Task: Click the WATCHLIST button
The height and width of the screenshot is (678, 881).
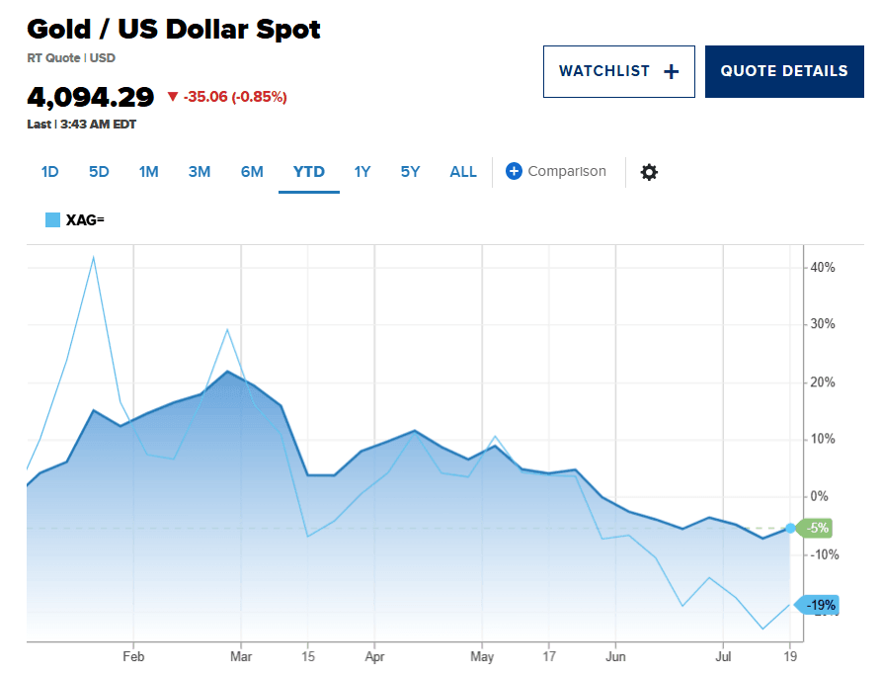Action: [618, 71]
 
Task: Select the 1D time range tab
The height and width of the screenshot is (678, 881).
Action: [49, 171]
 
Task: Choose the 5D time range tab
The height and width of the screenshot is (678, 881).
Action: [99, 171]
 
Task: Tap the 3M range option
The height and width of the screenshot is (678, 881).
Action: [200, 171]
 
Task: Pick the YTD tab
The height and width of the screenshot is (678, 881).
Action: [309, 171]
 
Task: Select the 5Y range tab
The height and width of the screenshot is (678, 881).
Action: [410, 171]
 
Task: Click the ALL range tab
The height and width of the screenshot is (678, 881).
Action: [463, 171]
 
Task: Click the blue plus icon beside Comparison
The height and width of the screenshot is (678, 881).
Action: [514, 171]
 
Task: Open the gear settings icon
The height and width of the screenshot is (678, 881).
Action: [649, 172]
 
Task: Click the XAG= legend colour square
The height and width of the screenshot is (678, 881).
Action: [52, 219]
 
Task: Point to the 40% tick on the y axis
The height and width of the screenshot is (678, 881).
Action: [823, 268]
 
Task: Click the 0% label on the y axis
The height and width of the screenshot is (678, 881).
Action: [819, 496]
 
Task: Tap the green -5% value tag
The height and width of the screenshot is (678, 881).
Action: [815, 528]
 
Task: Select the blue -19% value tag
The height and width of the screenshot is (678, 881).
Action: [818, 605]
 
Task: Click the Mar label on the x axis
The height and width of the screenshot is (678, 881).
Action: [241, 656]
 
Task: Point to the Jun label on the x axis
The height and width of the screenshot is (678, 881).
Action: [615, 656]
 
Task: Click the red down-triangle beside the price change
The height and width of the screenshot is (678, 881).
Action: [173, 97]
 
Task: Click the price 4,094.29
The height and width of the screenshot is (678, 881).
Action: [91, 97]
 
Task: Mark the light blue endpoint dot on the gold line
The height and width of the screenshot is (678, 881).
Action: [790, 528]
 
